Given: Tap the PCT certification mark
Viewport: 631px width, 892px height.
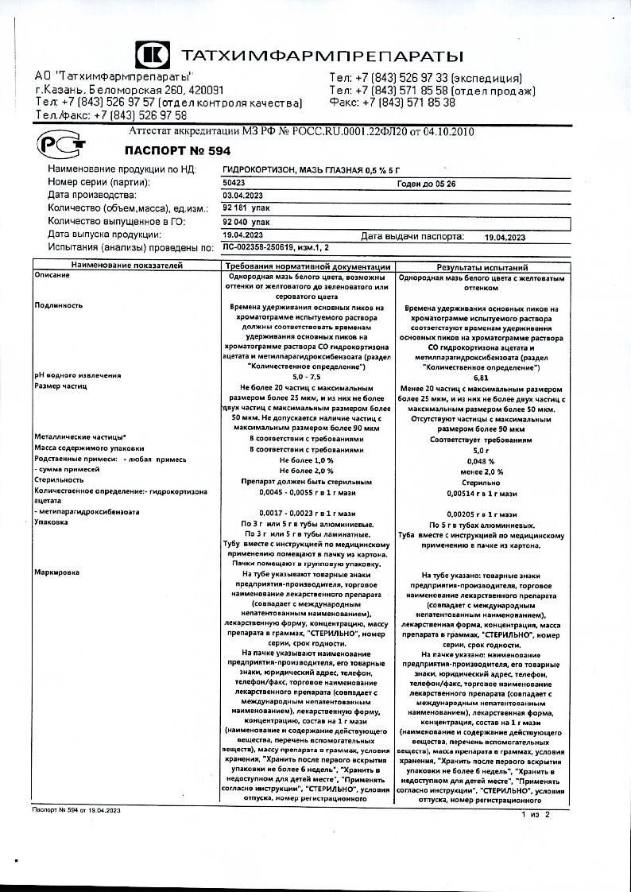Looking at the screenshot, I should pyautogui.click(x=57, y=145).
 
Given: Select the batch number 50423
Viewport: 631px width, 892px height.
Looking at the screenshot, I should pyautogui.click(x=235, y=183).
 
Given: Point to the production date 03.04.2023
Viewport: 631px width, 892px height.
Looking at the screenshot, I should pyautogui.click(x=242, y=195).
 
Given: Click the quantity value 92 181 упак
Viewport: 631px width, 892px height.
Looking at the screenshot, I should pyautogui.click(x=246, y=208).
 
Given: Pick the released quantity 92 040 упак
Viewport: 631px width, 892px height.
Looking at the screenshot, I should pyautogui.click(x=247, y=222).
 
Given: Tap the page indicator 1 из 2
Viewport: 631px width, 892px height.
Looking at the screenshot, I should pyautogui.click(x=534, y=815).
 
